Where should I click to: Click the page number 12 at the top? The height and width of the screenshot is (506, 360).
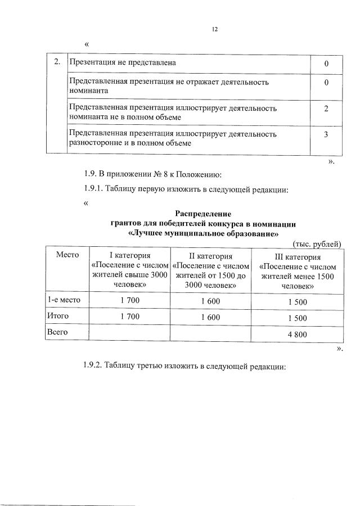[x=214, y=29]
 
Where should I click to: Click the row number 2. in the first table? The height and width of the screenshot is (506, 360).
[x=57, y=62]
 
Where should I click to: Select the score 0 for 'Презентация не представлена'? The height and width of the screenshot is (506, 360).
[x=326, y=64]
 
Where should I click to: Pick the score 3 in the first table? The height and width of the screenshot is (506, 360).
[x=326, y=135]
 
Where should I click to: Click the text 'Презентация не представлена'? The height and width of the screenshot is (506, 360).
[x=122, y=62]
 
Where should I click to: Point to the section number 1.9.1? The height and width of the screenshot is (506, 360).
[x=96, y=189]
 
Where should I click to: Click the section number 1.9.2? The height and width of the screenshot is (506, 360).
[x=96, y=367]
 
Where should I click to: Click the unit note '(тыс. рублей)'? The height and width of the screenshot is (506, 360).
[x=317, y=243]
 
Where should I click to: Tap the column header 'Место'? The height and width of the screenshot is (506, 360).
[x=67, y=255]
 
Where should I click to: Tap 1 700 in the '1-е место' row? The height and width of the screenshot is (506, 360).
[x=130, y=301]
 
